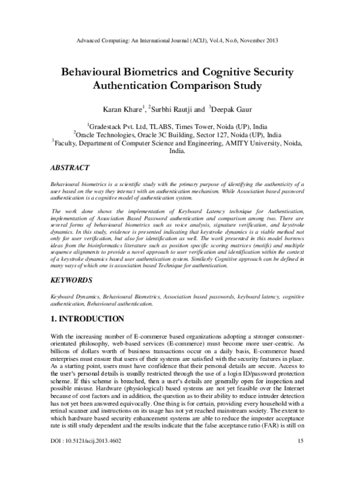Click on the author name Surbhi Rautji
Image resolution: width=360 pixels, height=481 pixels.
pos(172,109)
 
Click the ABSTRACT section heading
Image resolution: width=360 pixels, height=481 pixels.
pos(70,167)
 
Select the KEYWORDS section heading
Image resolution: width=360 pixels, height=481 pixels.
pos(72,280)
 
